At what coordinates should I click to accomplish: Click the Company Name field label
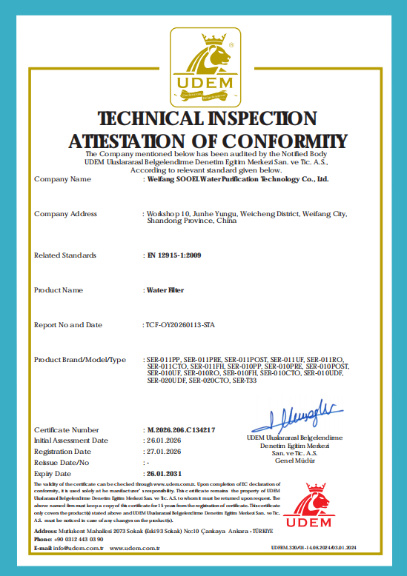62,179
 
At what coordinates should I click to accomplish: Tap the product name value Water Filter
165,290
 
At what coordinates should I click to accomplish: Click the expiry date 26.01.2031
165,473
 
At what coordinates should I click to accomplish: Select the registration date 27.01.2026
165,451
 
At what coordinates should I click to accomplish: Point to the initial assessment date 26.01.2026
165,440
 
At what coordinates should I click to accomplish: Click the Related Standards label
65,255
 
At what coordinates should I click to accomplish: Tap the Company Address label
65,214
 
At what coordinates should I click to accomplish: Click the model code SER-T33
245,381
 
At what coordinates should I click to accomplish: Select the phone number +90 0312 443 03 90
79,540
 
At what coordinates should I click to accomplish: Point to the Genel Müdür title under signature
294,460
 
